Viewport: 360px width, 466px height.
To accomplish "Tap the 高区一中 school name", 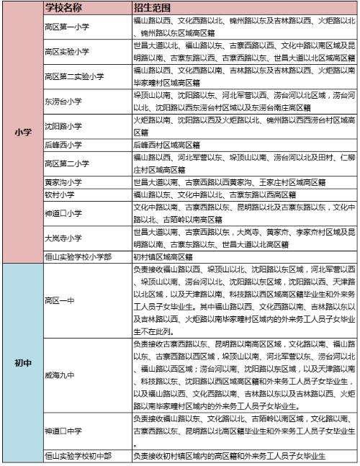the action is tap(58, 300).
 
